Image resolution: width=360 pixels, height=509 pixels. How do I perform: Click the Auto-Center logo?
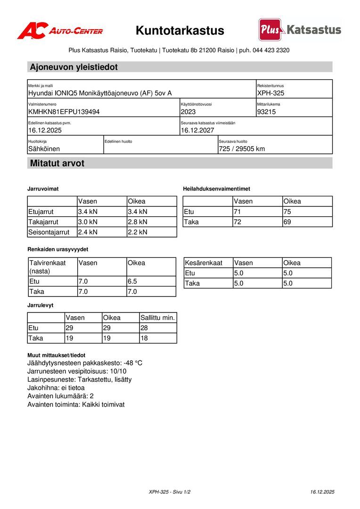tap(60, 31)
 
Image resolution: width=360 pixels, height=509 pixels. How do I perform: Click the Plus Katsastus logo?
tap(300, 30)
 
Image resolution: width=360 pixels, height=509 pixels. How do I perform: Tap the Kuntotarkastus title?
tap(180, 31)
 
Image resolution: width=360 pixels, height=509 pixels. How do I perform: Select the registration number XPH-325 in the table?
tap(270, 93)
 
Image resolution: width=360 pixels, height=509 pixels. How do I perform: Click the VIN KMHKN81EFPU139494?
tap(64, 112)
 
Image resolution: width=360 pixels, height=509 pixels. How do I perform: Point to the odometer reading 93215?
tap(266, 112)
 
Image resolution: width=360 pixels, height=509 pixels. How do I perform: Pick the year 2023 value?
tap(188, 112)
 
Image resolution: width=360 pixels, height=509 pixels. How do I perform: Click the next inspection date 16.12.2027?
tap(197, 130)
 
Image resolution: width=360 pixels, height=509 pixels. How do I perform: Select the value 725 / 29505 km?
tap(242, 149)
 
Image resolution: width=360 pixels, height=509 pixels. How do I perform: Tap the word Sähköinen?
tap(44, 149)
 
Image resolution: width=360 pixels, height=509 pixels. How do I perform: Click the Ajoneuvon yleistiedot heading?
tap(74, 67)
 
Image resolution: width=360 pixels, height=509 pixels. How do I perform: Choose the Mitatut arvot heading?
tap(57, 164)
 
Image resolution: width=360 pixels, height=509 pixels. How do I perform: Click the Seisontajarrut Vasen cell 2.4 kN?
tap(87, 232)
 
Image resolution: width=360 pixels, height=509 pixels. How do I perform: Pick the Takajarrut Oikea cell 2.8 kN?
tap(138, 222)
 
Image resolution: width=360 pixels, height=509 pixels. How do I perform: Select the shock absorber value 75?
tap(287, 212)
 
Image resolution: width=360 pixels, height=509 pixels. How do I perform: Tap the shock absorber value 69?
tap(287, 222)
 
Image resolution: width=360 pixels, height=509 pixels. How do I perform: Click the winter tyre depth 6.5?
tap(132, 281)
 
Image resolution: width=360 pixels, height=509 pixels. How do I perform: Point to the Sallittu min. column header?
tap(158, 318)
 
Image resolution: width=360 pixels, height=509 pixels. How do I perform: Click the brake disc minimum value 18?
tap(144, 338)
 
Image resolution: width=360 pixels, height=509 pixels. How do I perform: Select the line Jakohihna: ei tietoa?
tap(56, 387)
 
